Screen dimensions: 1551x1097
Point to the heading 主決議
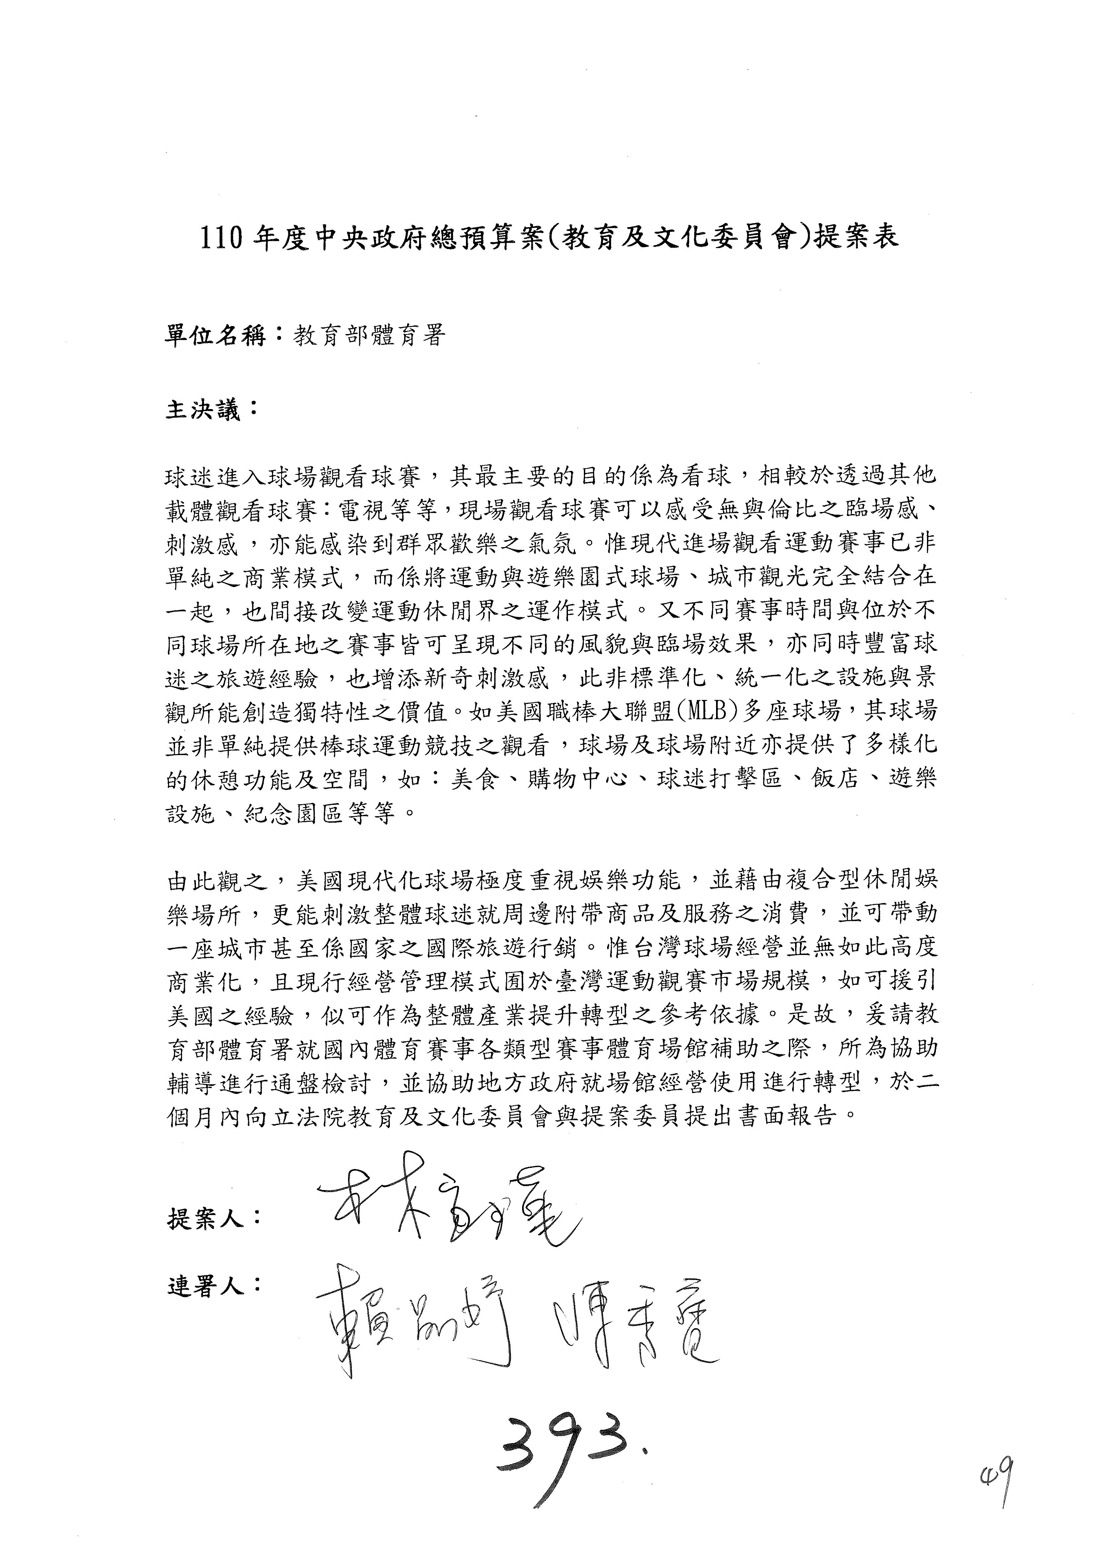[203, 410]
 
